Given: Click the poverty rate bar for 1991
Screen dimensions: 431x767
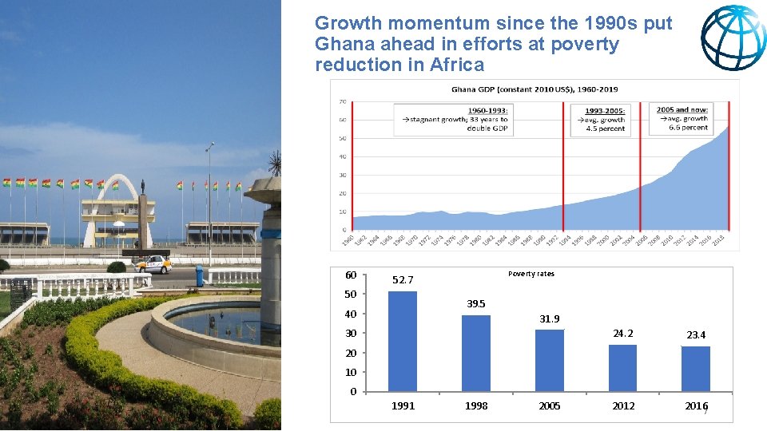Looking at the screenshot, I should (403, 342).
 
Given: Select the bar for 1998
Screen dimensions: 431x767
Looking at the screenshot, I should (476, 354).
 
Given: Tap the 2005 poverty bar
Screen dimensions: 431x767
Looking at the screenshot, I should (550, 361).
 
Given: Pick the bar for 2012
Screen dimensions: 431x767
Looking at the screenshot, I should (622, 368).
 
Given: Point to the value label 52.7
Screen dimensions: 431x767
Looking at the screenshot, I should (403, 280).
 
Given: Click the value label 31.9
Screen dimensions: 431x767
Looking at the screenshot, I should (550, 319).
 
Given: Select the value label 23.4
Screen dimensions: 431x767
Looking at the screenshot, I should (696, 335).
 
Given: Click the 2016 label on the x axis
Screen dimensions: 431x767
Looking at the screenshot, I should (696, 406).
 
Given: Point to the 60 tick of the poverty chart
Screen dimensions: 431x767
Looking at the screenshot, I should (351, 275).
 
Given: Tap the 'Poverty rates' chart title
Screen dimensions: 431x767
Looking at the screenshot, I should (531, 274).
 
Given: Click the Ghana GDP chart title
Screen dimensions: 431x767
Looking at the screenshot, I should (535, 89).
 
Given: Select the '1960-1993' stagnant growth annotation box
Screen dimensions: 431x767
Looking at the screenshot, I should (455, 119).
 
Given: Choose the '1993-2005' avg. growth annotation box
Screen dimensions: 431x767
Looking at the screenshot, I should (605, 119).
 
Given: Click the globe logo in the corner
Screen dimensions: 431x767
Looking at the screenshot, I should (733, 38).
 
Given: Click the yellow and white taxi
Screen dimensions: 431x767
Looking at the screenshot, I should (153, 264).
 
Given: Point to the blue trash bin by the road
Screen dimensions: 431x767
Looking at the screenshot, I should (199, 275).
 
